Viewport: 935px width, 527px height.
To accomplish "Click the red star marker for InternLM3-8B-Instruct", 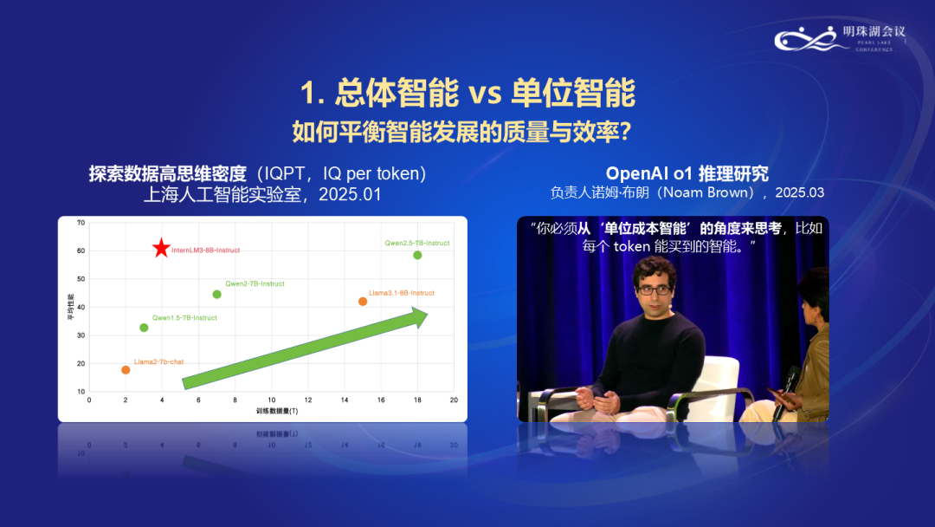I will coord(161,249).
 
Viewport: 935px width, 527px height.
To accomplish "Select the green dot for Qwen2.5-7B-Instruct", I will coord(417,255).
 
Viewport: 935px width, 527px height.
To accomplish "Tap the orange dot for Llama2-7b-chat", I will coord(126,370).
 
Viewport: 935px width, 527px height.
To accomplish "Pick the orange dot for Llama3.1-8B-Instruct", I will coord(363,302).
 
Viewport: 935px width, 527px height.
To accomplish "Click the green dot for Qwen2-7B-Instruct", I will coord(216,295).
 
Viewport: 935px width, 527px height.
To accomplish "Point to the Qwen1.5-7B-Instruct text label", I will coord(184,318).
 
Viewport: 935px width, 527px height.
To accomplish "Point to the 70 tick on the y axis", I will coord(81,224).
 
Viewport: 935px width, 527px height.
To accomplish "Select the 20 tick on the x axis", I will coord(454,400).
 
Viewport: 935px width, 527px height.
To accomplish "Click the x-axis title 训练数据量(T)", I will coord(276,410).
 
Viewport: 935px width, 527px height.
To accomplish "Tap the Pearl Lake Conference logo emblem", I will coord(805,38).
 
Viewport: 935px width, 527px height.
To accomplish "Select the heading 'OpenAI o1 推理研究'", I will coord(687,173).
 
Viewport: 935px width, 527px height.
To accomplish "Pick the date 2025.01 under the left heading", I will coord(350,194).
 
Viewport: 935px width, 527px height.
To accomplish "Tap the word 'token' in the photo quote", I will coord(637,247).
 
